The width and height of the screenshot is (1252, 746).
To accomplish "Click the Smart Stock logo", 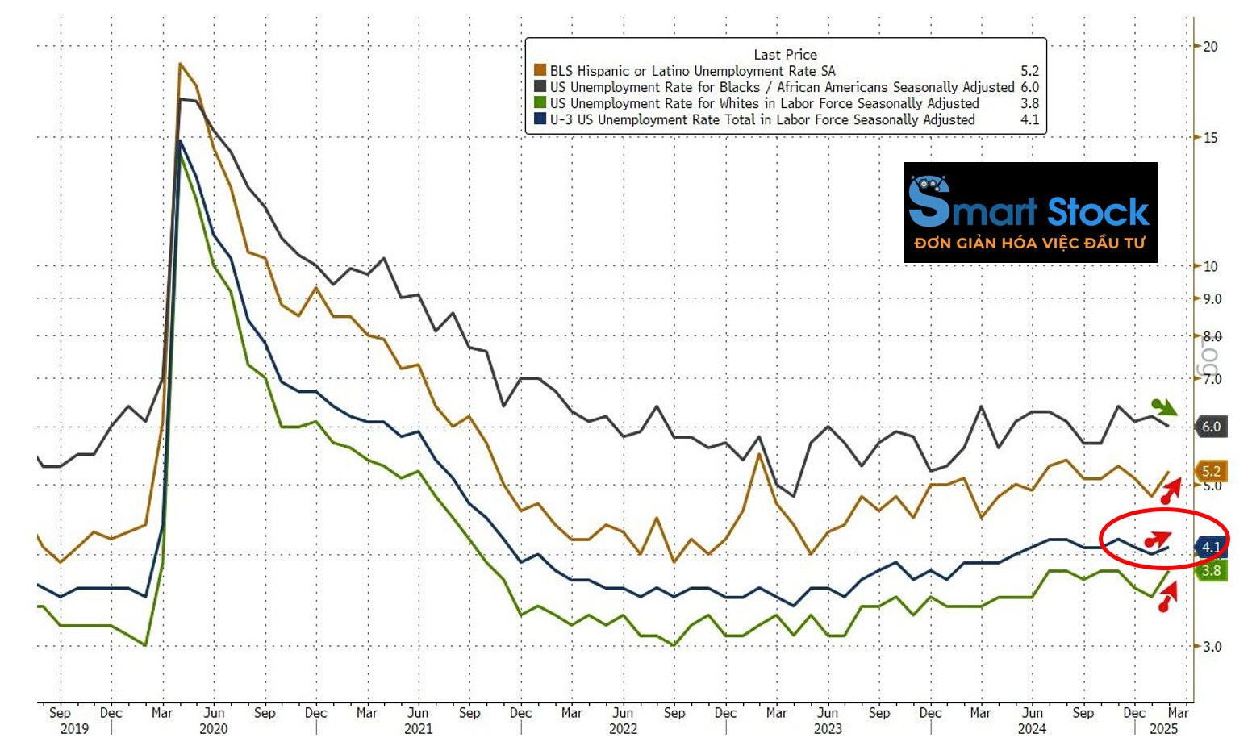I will pos(1029,212).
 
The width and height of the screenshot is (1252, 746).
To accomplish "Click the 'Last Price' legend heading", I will pos(785,54).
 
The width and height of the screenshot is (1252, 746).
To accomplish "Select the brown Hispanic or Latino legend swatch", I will pos(540,71).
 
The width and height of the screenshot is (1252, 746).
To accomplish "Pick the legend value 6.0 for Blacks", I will pos(1029,87).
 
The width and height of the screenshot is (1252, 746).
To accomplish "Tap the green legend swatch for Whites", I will pos(540,103).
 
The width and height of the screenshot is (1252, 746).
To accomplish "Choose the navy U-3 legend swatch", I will pos(540,119).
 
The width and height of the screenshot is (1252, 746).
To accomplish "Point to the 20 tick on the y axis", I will pos(1210,46).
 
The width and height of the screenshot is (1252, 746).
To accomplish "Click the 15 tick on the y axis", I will pos(1210,138).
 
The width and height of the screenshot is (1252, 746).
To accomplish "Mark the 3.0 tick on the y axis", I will pos(1212,646).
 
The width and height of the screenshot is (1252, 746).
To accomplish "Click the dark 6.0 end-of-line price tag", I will pos(1211,427).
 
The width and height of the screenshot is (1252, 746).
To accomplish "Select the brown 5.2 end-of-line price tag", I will pos(1211,471).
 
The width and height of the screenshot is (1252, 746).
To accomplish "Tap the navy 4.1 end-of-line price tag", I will pos(1210,547).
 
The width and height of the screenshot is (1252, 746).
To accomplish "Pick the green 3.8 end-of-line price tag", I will pos(1211,571).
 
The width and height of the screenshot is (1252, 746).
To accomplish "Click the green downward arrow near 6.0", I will pos(1163,406).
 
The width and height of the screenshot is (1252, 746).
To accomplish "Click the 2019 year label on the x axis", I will pos(74,729).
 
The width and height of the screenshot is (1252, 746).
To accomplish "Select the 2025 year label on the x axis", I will pos(1162,729).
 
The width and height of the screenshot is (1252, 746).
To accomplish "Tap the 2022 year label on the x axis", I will pos(623,729).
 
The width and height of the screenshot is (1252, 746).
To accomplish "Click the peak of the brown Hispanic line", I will pos(180,63).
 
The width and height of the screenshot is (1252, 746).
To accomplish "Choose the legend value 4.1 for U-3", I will pos(1029,119).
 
